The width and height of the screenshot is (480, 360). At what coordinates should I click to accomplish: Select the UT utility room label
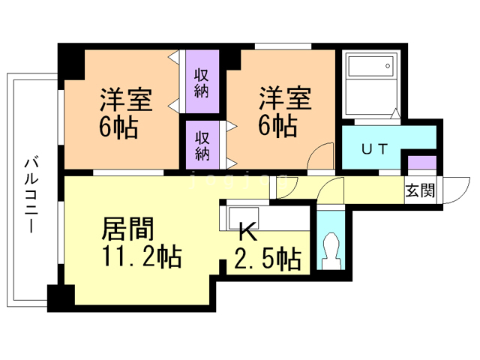375,148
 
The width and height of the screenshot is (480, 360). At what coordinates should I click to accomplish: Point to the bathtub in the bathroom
368,76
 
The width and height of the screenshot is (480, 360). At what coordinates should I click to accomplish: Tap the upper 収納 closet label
202,83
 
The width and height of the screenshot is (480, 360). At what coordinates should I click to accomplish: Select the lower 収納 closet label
202,145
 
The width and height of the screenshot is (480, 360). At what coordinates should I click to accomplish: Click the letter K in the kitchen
247,232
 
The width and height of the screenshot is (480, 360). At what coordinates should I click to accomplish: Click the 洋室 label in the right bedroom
285,98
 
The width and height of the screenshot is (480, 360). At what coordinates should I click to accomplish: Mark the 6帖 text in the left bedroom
118,127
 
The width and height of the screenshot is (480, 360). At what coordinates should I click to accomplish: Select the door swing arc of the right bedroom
320,155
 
